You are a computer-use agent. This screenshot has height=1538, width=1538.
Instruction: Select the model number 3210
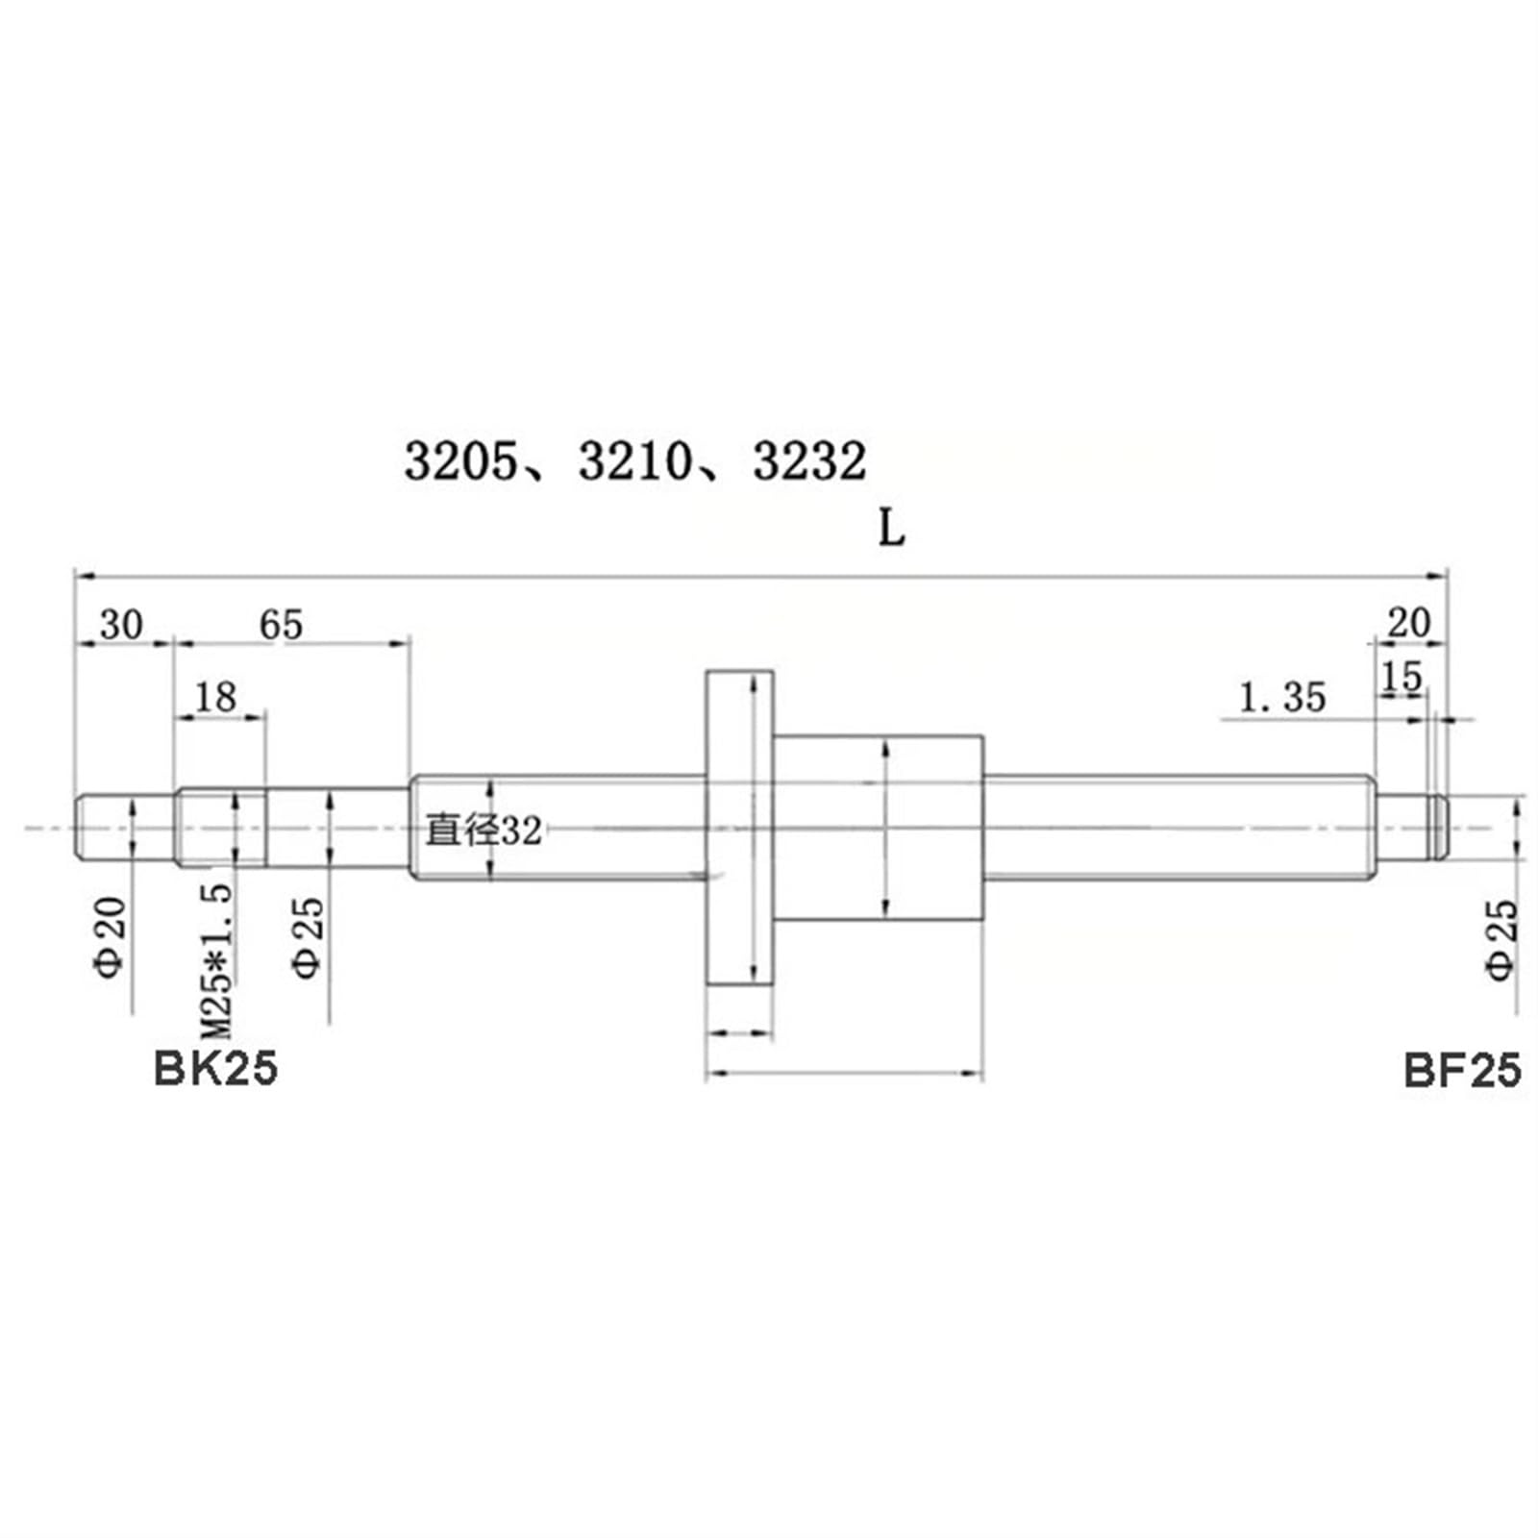click(x=634, y=461)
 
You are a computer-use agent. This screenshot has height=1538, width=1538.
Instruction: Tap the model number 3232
click(x=808, y=461)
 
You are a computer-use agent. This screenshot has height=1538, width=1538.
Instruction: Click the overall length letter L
click(x=892, y=528)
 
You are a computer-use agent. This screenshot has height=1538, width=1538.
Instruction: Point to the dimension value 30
click(x=121, y=625)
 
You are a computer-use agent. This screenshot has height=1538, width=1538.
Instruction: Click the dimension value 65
click(x=281, y=625)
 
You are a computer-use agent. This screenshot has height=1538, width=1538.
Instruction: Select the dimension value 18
click(x=215, y=697)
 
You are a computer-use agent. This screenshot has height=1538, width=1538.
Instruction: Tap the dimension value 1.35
click(x=1282, y=697)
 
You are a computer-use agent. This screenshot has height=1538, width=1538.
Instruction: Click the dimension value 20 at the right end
click(x=1408, y=623)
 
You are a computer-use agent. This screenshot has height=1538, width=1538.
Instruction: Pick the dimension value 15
click(x=1401, y=678)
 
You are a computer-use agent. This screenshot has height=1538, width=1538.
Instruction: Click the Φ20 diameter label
click(x=111, y=937)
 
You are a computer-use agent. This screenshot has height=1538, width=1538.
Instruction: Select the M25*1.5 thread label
click(x=217, y=961)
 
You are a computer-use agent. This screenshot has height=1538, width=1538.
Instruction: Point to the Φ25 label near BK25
click(x=309, y=937)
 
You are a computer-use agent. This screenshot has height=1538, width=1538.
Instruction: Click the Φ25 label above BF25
click(x=1502, y=939)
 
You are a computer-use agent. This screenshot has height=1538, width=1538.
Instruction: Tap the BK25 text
click(x=215, y=1069)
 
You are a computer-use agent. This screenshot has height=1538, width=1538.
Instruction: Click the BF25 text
click(x=1462, y=1070)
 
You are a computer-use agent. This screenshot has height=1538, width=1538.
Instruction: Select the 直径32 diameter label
click(x=484, y=831)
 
